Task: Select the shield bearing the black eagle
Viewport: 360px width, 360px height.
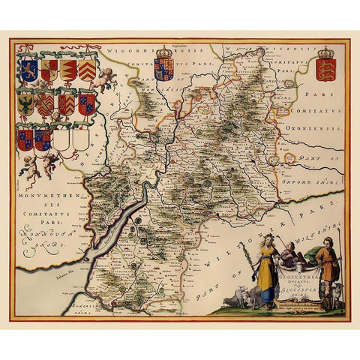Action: [x=27, y=103]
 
